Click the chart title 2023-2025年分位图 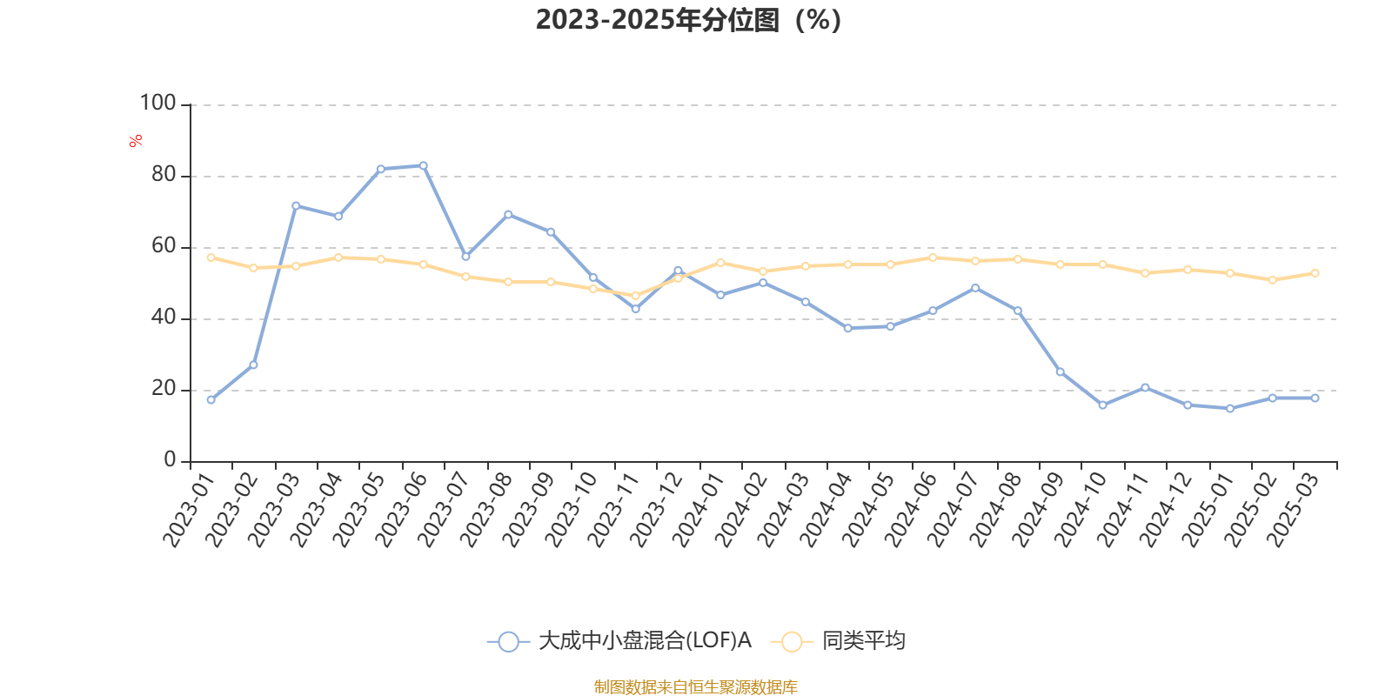[x=687, y=20]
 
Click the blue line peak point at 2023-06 [x=423, y=165]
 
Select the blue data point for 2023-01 [x=211, y=399]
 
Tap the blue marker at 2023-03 [x=296, y=205]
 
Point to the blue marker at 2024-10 [x=1102, y=405]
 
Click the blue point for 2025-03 [x=1315, y=398]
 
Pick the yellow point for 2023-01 [x=211, y=257]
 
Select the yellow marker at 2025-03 [x=1315, y=273]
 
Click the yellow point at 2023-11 [x=635, y=296]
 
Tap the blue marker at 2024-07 [x=974, y=288]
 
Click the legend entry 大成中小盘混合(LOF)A [x=619, y=642]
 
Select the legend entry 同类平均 [x=840, y=642]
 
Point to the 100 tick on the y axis [x=157, y=104]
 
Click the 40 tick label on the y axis [x=163, y=318]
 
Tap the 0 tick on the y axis [x=170, y=460]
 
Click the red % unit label [x=136, y=141]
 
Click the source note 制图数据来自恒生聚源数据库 [x=695, y=687]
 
